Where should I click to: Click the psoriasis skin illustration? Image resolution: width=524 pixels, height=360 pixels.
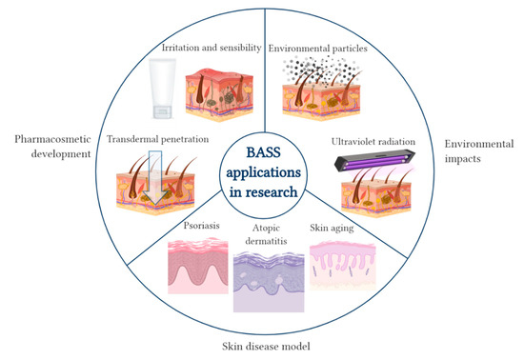200,270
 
